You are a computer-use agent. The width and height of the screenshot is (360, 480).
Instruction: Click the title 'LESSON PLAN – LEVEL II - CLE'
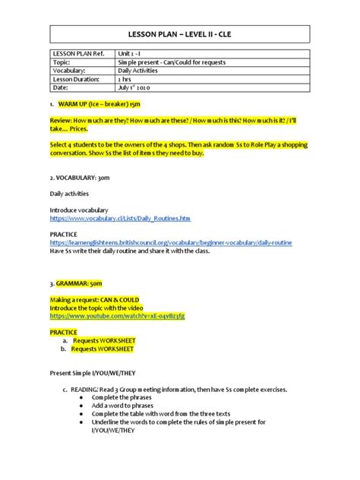[180, 34]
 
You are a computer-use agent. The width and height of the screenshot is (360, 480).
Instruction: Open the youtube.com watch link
[117, 315]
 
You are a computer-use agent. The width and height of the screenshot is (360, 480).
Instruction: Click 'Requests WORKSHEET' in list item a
[103, 341]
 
